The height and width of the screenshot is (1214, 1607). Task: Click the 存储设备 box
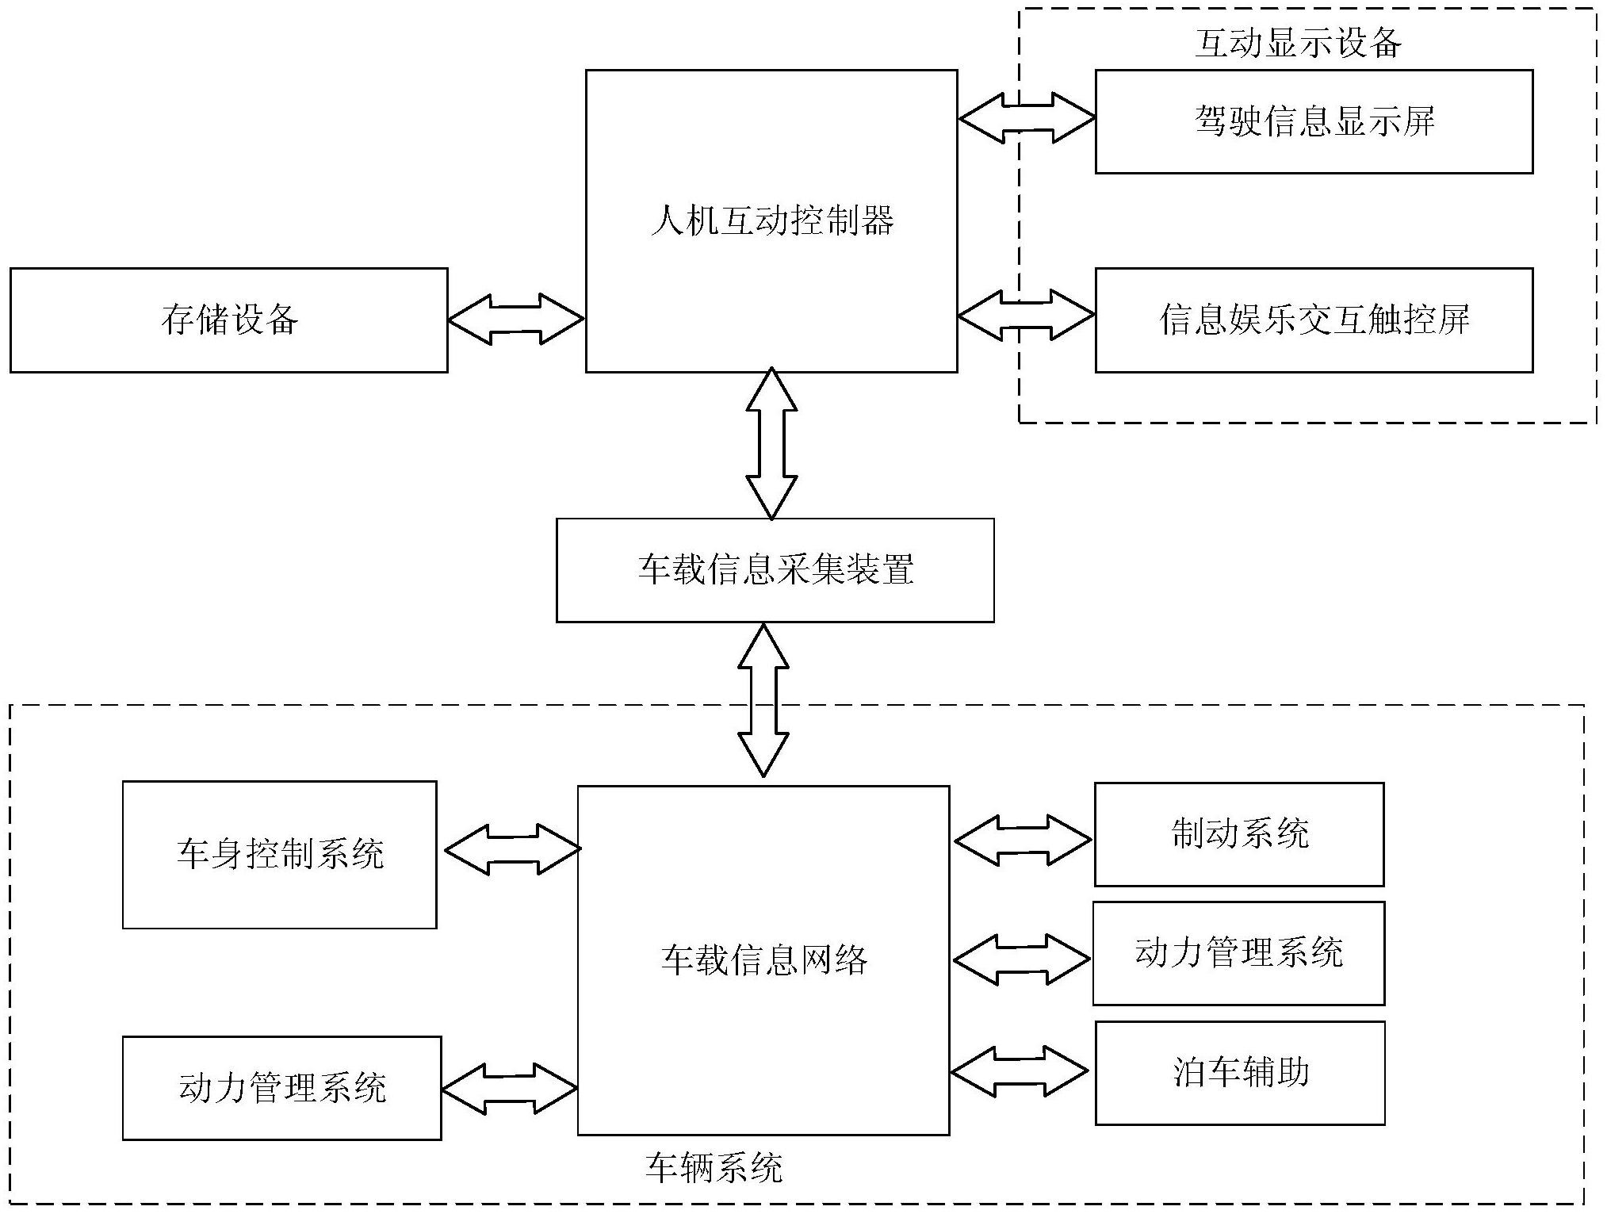point(228,320)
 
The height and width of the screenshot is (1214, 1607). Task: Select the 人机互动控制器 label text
point(771,220)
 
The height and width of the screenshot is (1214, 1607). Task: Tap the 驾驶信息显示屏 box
point(1314,121)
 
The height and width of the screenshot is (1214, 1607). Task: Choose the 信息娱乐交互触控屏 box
point(1314,320)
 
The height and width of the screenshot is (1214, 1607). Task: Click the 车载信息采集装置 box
point(775,570)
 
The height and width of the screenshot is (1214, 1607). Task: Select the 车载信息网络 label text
point(763,960)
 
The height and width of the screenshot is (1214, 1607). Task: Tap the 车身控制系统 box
point(279,854)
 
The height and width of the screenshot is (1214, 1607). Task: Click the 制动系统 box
point(1239,834)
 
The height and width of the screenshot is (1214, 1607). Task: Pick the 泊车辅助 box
point(1240,1073)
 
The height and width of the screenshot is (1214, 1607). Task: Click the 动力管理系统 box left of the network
point(281,1088)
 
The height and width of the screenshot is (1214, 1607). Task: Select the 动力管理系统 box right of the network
point(1238,953)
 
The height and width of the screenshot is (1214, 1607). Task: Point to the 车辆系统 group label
point(714,1168)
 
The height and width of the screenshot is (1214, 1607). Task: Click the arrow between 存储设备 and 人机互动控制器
point(516,319)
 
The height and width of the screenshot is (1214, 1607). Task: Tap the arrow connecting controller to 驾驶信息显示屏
point(1027,118)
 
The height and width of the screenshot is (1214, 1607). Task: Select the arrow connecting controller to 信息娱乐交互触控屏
point(1026,316)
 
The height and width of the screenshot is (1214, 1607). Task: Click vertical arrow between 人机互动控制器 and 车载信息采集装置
point(771,444)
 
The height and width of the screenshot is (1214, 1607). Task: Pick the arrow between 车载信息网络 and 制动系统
point(1022,840)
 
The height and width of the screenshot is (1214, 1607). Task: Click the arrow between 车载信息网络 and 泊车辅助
point(1019,1071)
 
